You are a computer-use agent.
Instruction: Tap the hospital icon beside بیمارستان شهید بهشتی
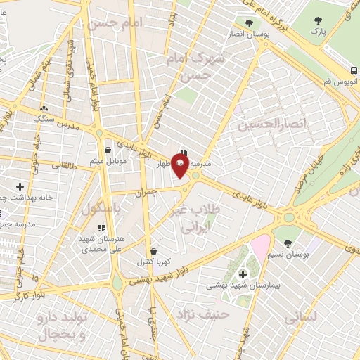243,274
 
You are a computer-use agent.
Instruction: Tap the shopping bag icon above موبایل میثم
108,150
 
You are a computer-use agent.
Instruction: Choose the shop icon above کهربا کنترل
153,250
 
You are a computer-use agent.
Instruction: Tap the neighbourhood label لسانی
301,317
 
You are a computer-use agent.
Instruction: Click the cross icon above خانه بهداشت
20,186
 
